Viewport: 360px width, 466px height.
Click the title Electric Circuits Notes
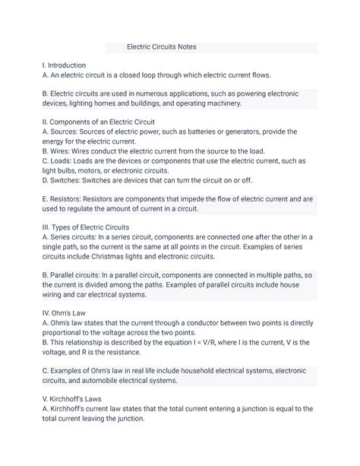[x=161, y=46]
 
